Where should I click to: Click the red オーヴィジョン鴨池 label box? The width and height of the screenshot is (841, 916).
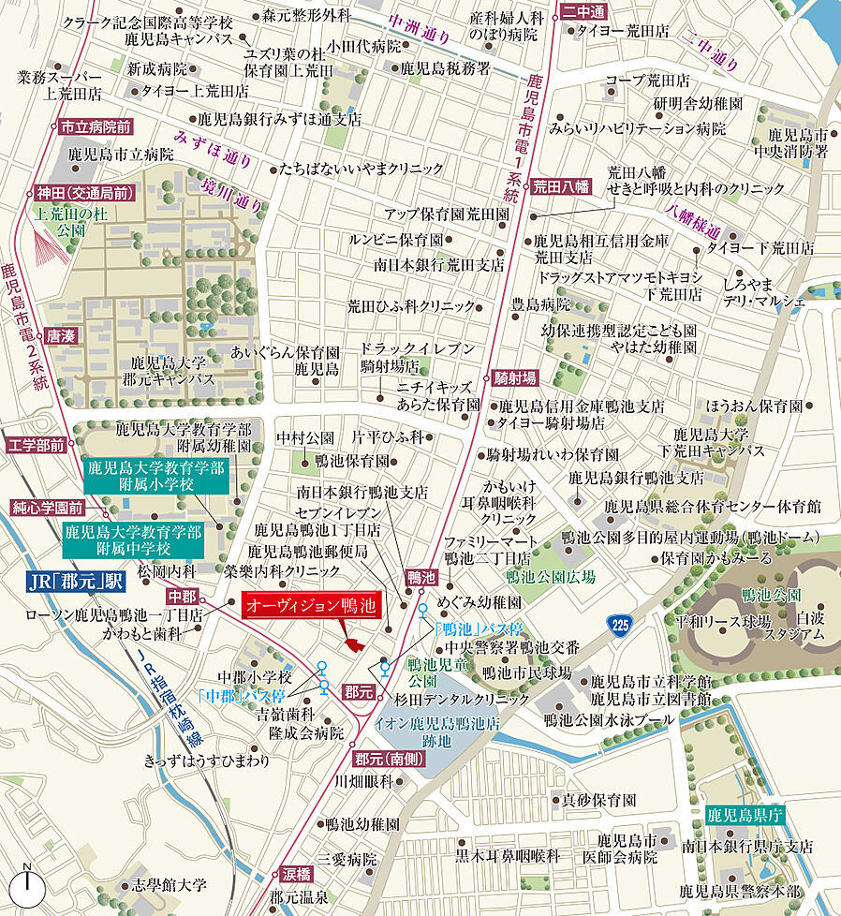[311, 606]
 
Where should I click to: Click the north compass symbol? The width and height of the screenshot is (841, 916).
[28, 884]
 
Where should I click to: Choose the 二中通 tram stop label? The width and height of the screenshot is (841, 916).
[585, 11]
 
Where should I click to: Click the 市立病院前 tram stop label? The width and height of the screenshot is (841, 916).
[95, 126]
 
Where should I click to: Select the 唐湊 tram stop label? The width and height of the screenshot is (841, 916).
[56, 334]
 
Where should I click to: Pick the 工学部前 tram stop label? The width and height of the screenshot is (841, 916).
[37, 445]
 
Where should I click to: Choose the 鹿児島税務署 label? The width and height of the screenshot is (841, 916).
[445, 68]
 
